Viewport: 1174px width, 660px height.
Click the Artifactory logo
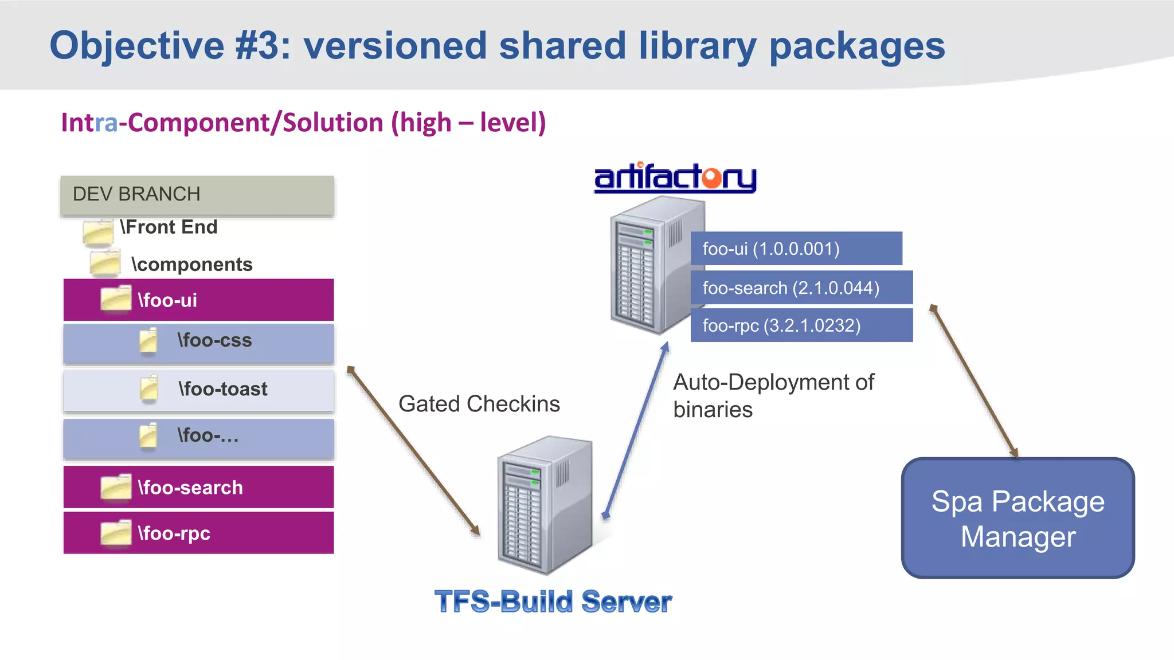point(675,178)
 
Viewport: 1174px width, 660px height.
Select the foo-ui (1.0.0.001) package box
point(796,249)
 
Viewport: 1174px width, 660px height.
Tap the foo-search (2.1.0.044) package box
point(801,288)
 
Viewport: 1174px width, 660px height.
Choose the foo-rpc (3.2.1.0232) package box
point(801,325)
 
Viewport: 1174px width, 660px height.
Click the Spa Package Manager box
point(1018,518)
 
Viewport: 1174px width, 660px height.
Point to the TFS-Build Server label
point(553,602)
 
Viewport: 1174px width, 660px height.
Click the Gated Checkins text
point(479,404)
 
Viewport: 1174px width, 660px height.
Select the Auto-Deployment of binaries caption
point(773,395)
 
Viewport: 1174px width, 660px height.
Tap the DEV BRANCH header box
point(197,195)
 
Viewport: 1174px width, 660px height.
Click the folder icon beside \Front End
point(97,233)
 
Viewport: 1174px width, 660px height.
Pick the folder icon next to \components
point(105,264)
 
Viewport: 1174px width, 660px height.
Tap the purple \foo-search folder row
point(198,487)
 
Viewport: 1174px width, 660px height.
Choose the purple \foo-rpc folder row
point(198,533)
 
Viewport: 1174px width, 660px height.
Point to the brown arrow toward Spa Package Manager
point(974,381)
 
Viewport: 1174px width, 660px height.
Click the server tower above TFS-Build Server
point(545,504)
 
